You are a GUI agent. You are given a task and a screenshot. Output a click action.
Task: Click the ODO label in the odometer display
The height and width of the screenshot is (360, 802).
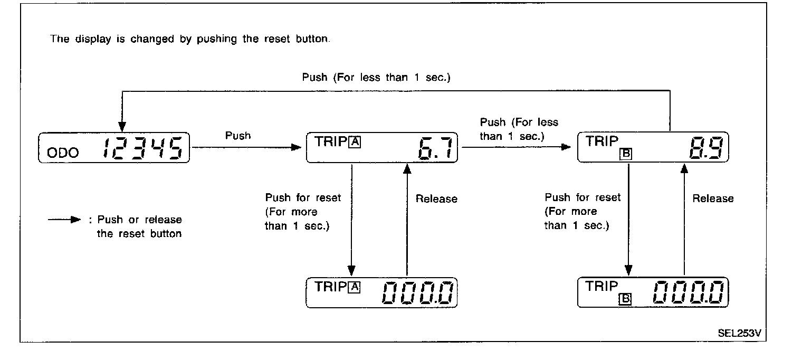(63, 153)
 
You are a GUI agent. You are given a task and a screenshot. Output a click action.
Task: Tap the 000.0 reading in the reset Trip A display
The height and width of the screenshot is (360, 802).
(417, 293)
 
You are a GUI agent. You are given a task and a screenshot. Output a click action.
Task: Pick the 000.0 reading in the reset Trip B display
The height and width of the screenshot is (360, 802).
(688, 293)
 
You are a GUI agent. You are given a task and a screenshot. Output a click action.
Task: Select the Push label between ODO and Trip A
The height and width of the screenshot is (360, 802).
(238, 136)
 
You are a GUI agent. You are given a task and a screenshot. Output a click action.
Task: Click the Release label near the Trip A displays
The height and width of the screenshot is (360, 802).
(436, 199)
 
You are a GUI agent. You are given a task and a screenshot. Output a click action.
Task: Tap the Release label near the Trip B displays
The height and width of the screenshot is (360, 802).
(713, 198)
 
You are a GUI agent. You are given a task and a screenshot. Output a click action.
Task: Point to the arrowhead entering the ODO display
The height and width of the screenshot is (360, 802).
(122, 127)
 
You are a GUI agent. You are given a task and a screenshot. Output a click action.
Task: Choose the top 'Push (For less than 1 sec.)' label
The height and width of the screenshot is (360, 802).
(376, 78)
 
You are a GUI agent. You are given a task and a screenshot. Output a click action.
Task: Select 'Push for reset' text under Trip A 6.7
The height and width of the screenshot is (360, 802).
(303, 198)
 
